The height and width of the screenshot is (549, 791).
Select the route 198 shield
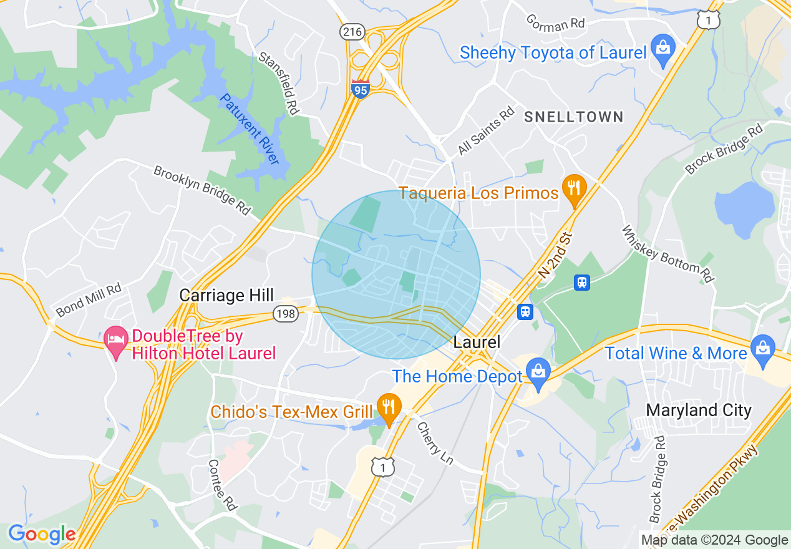[284, 316]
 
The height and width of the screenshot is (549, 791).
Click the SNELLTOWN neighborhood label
[573, 117]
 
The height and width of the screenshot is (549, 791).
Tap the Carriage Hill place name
[226, 295]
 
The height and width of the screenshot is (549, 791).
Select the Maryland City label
[699, 410]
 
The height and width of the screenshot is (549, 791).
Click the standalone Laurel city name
[477, 342]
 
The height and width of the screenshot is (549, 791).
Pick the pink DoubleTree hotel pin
[115, 341]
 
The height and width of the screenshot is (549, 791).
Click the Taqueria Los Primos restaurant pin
[573, 189]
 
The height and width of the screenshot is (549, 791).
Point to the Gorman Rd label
[555, 23]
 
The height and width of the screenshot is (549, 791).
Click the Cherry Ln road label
[435, 444]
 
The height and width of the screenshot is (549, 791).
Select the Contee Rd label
[223, 485]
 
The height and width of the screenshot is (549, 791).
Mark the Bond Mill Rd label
[88, 299]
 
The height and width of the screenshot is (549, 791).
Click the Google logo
[42, 534]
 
